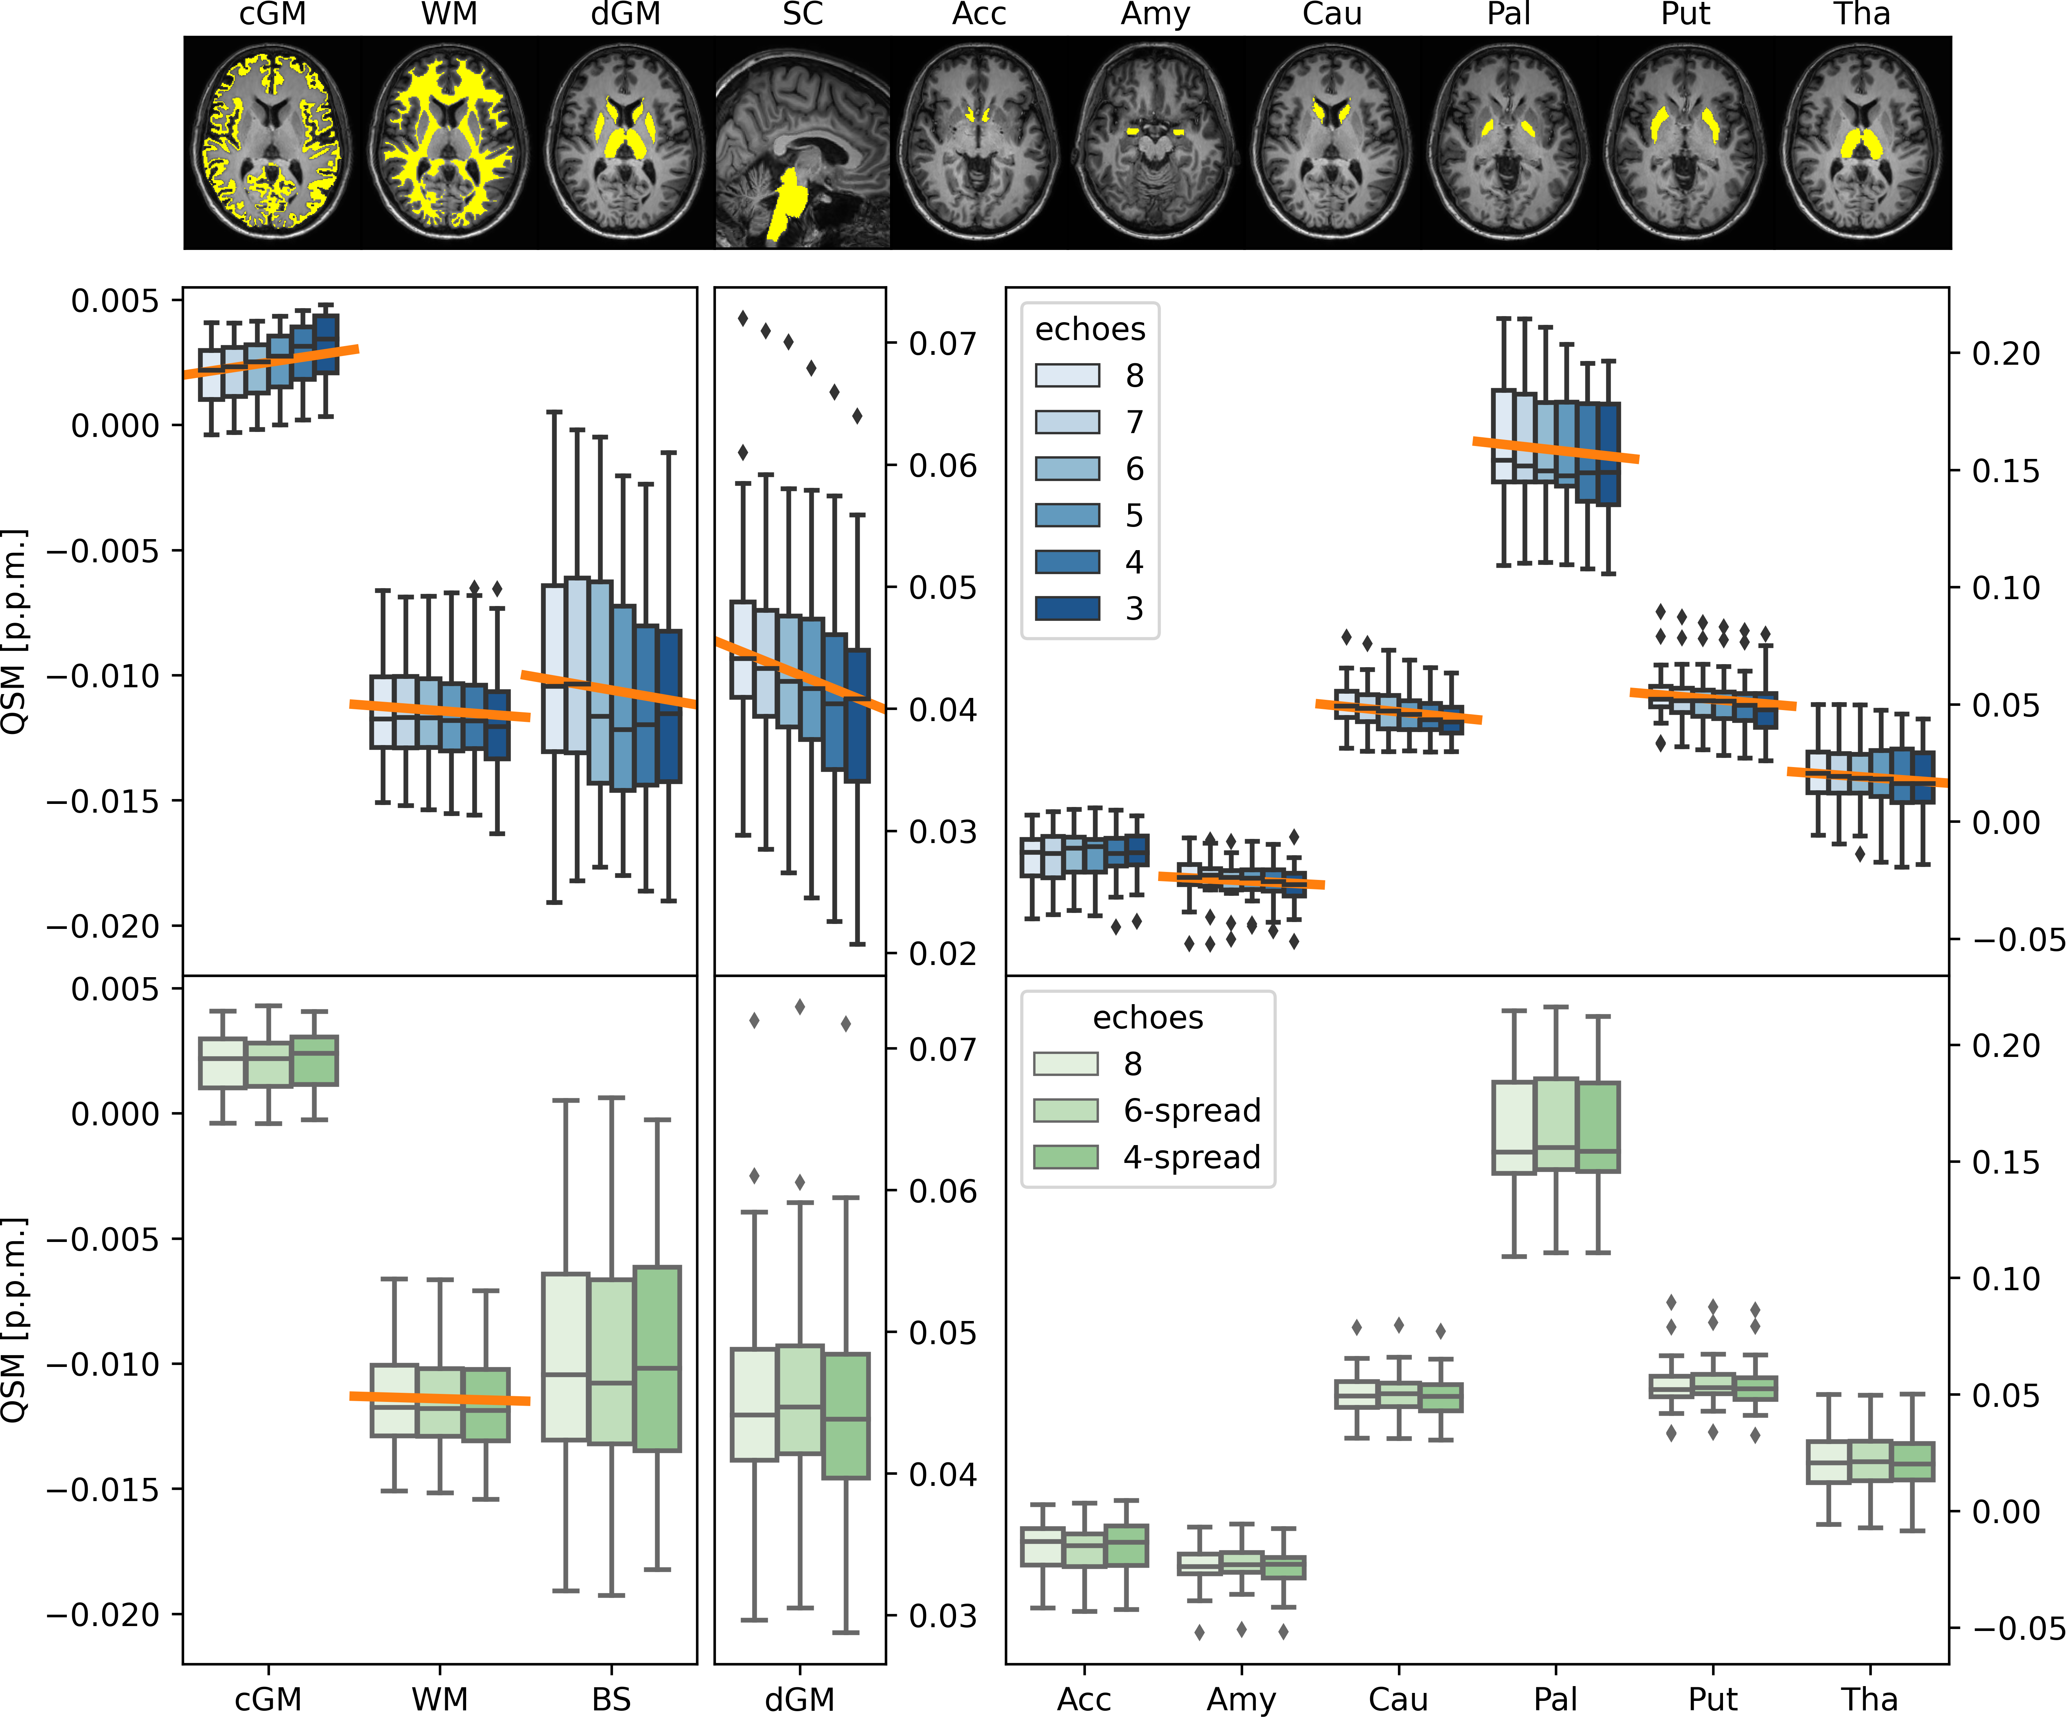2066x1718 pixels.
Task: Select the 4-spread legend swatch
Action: tap(1065, 1157)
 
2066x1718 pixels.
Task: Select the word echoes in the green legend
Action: tap(1147, 1017)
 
